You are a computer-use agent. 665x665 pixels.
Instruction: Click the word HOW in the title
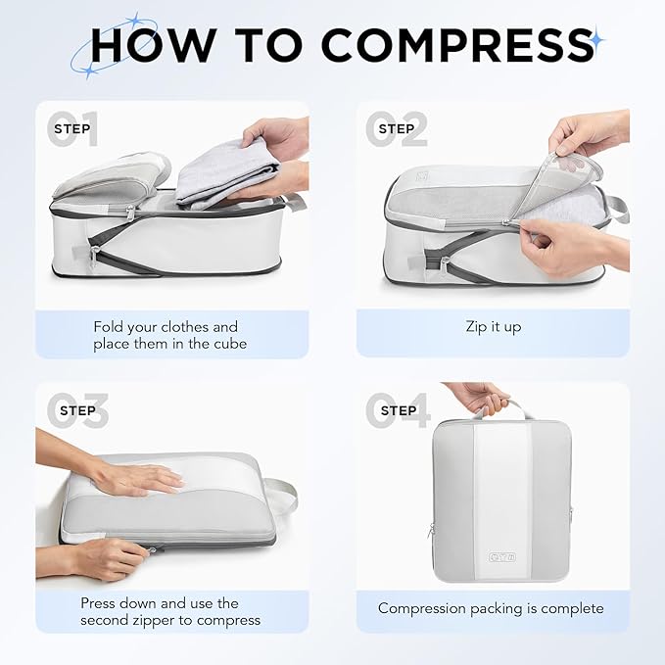click(156, 44)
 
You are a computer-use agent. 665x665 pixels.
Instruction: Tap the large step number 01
click(73, 129)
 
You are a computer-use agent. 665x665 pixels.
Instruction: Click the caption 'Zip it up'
click(492, 326)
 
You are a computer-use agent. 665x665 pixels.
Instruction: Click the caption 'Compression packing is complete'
click(492, 608)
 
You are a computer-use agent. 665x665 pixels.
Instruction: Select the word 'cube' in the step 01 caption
click(226, 344)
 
